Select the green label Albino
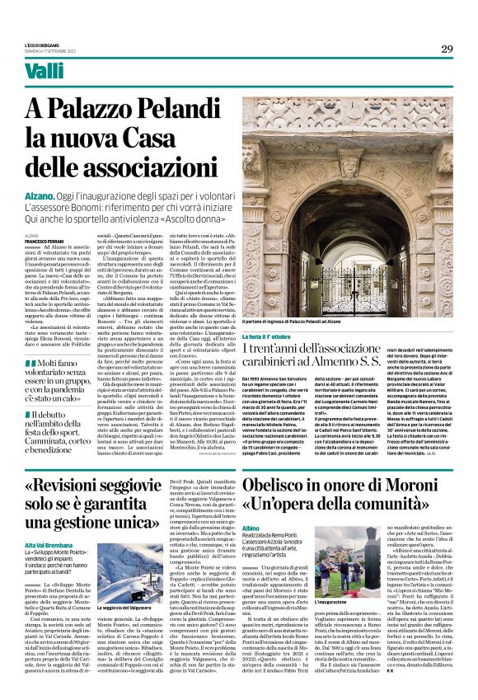[251, 504]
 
